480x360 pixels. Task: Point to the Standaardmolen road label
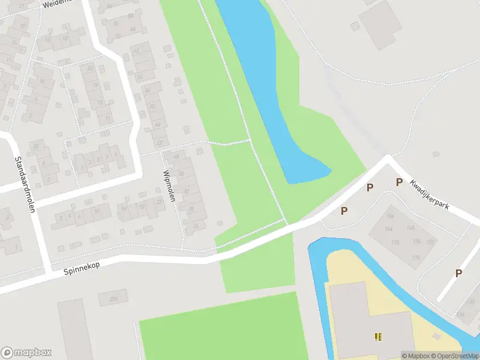click(25, 185)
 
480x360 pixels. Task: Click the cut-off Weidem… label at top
click(57, 2)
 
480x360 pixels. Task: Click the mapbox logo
click(26, 352)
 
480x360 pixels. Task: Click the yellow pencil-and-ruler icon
click(378, 337)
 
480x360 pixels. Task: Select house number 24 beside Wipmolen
click(196, 226)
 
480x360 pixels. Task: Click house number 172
click(399, 257)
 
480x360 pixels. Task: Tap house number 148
click(410, 228)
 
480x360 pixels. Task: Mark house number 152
click(431, 242)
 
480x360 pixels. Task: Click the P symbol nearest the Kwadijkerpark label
click(398, 182)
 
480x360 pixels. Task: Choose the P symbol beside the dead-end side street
click(458, 273)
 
